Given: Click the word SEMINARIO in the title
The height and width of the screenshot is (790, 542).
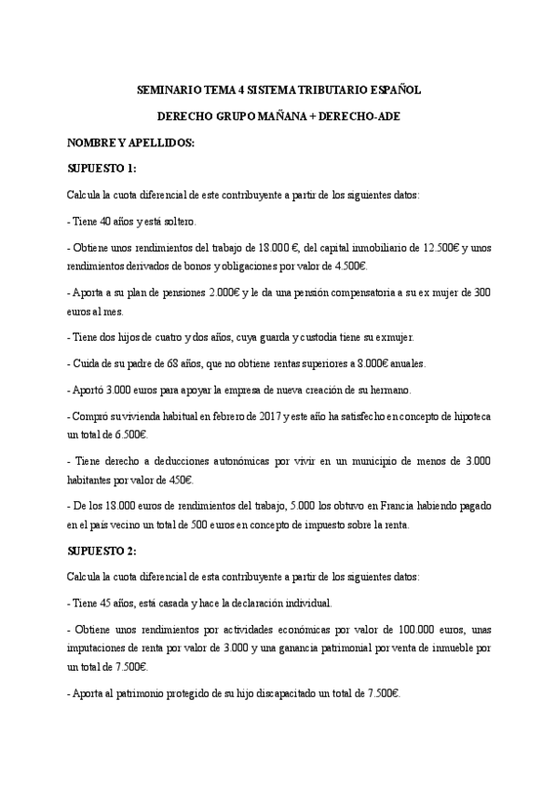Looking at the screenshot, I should point(169,91).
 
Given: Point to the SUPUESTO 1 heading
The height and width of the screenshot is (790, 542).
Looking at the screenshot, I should point(102,169).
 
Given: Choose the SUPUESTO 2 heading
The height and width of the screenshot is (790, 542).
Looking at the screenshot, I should point(102,552).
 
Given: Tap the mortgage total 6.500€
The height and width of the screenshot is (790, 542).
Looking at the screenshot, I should point(130,434).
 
